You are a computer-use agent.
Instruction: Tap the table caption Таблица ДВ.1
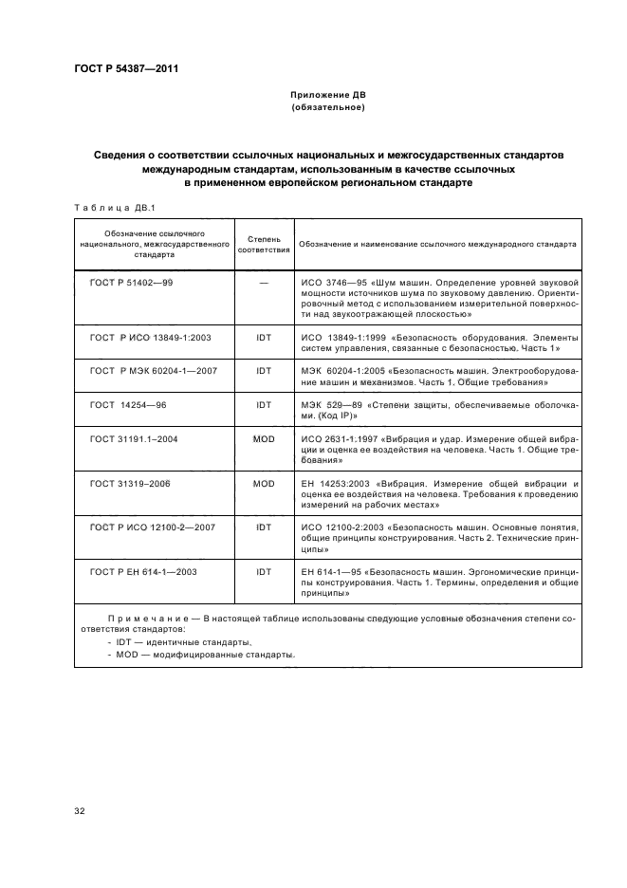coord(106,207)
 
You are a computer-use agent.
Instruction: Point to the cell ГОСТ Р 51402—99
coord(132,284)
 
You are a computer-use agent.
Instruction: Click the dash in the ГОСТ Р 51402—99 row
coord(263,284)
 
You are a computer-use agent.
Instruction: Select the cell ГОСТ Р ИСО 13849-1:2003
coord(143,338)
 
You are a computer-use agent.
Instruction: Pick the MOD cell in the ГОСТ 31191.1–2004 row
coord(263,440)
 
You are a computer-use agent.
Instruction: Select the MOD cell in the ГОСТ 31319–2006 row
coord(263,484)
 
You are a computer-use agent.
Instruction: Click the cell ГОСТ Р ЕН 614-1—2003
coord(141,572)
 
